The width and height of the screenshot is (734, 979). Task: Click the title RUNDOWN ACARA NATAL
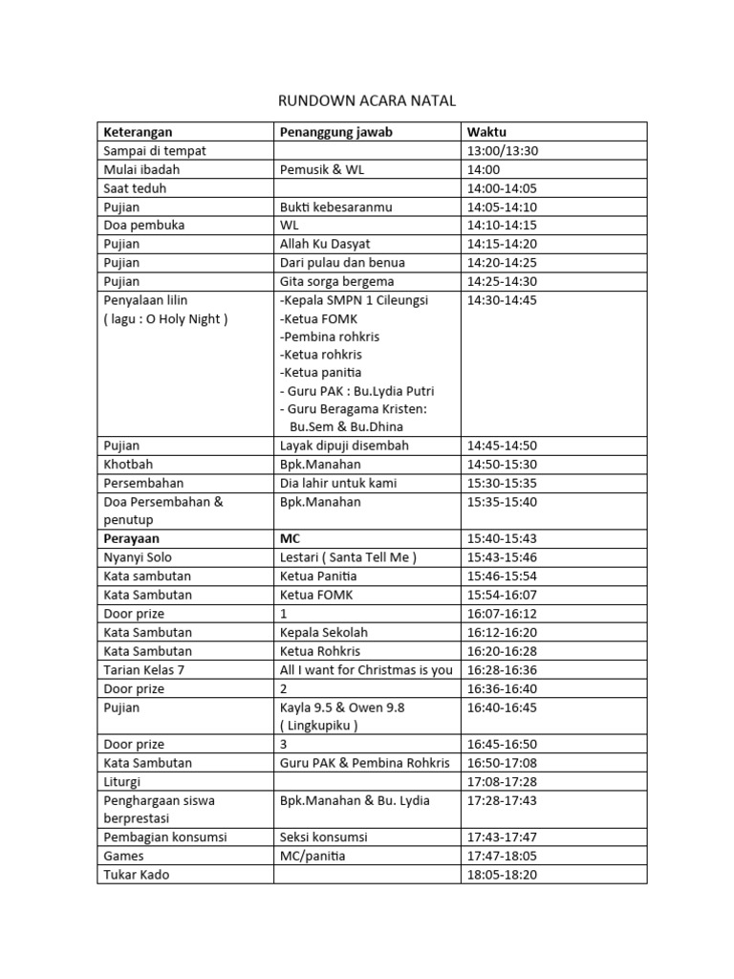click(x=367, y=100)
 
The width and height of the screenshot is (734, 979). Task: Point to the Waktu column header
click(x=486, y=132)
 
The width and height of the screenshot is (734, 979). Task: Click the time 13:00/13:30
click(x=503, y=151)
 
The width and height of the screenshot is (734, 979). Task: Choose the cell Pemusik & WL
click(x=322, y=169)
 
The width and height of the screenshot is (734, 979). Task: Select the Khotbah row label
click(x=129, y=464)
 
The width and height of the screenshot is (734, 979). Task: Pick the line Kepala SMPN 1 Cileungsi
click(x=355, y=300)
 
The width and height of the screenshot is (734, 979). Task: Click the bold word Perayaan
click(x=132, y=538)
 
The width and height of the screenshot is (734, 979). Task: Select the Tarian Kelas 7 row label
click(x=143, y=669)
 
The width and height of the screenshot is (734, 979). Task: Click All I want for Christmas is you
click(x=366, y=669)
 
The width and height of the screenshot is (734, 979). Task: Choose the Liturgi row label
click(x=122, y=781)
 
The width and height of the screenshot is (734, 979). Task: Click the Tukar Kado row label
click(x=136, y=874)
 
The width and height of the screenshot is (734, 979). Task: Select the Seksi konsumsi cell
click(x=323, y=837)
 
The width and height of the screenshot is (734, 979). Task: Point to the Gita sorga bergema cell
click(x=336, y=281)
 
